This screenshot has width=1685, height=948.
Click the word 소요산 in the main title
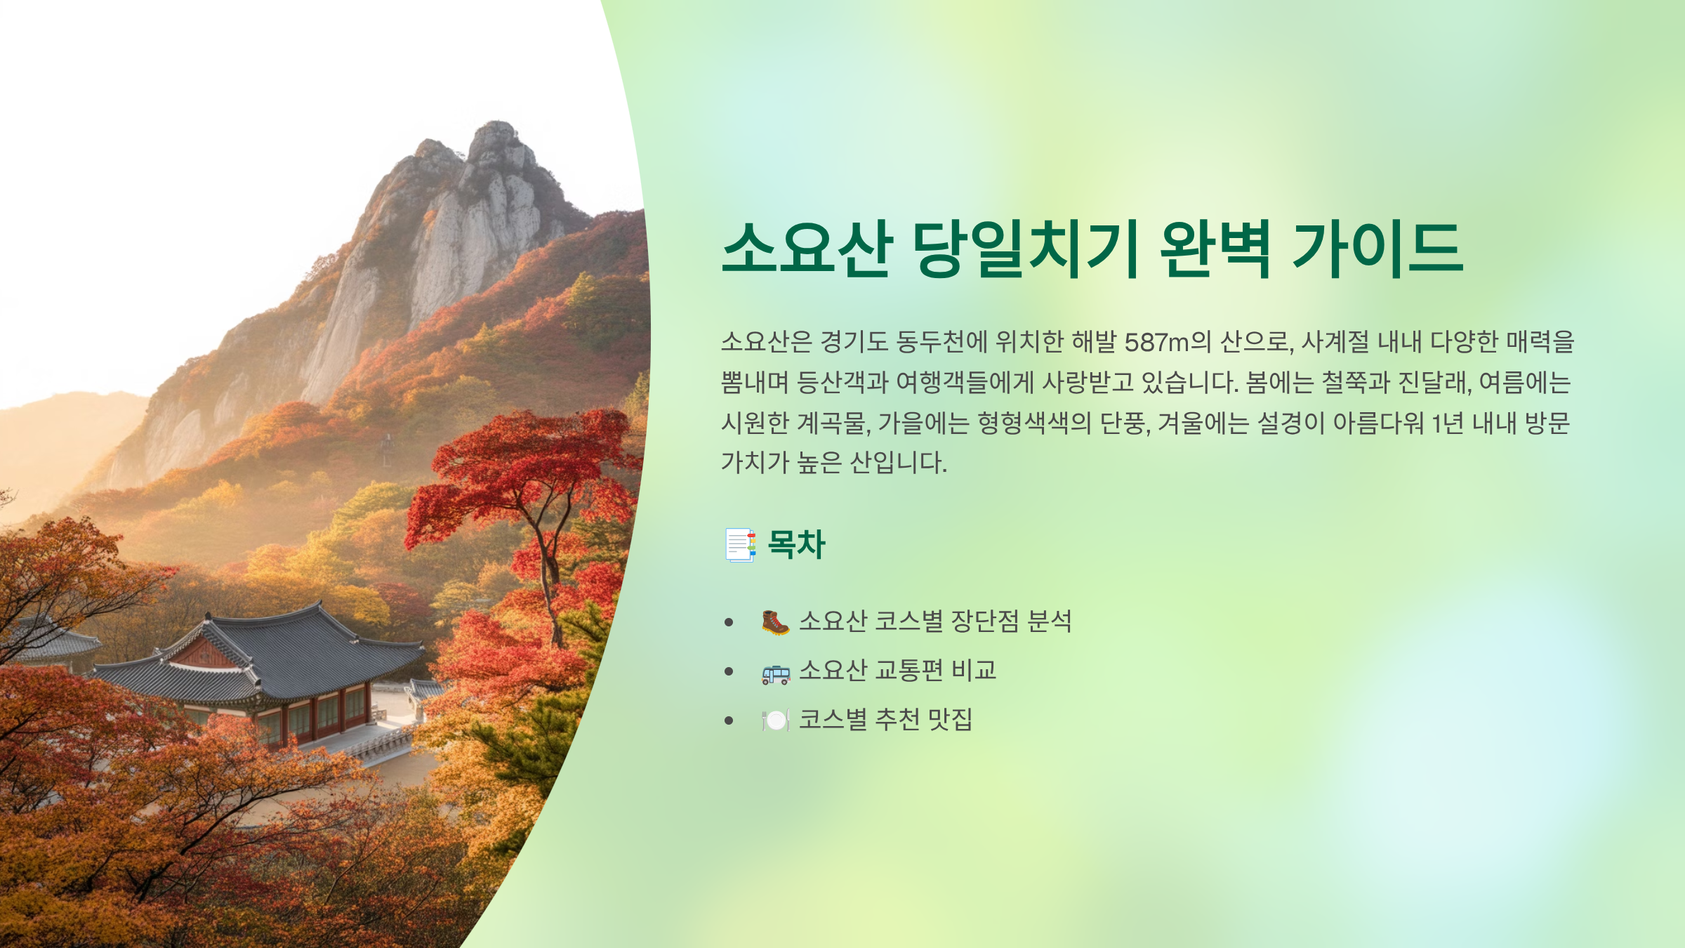(807, 249)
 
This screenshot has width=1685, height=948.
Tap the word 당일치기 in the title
(1026, 249)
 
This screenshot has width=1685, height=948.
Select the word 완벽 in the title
(1215, 249)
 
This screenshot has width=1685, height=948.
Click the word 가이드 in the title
(1377, 249)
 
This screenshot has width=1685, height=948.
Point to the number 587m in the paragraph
(1156, 343)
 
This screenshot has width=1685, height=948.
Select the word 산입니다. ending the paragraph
(898, 463)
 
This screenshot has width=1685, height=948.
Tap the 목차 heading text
(796, 545)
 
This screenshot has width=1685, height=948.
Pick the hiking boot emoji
(775, 622)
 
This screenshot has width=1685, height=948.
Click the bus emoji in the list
(775, 672)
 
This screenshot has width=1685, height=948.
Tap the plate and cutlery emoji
(775, 720)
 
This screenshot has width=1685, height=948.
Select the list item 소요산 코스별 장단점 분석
(934, 621)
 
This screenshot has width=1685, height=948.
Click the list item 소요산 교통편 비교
(897, 671)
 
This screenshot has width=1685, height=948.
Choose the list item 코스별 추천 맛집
(885, 720)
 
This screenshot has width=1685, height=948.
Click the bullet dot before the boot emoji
(729, 623)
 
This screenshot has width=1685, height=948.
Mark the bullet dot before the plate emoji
(729, 721)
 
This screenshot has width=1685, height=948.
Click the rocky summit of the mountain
(495, 140)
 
